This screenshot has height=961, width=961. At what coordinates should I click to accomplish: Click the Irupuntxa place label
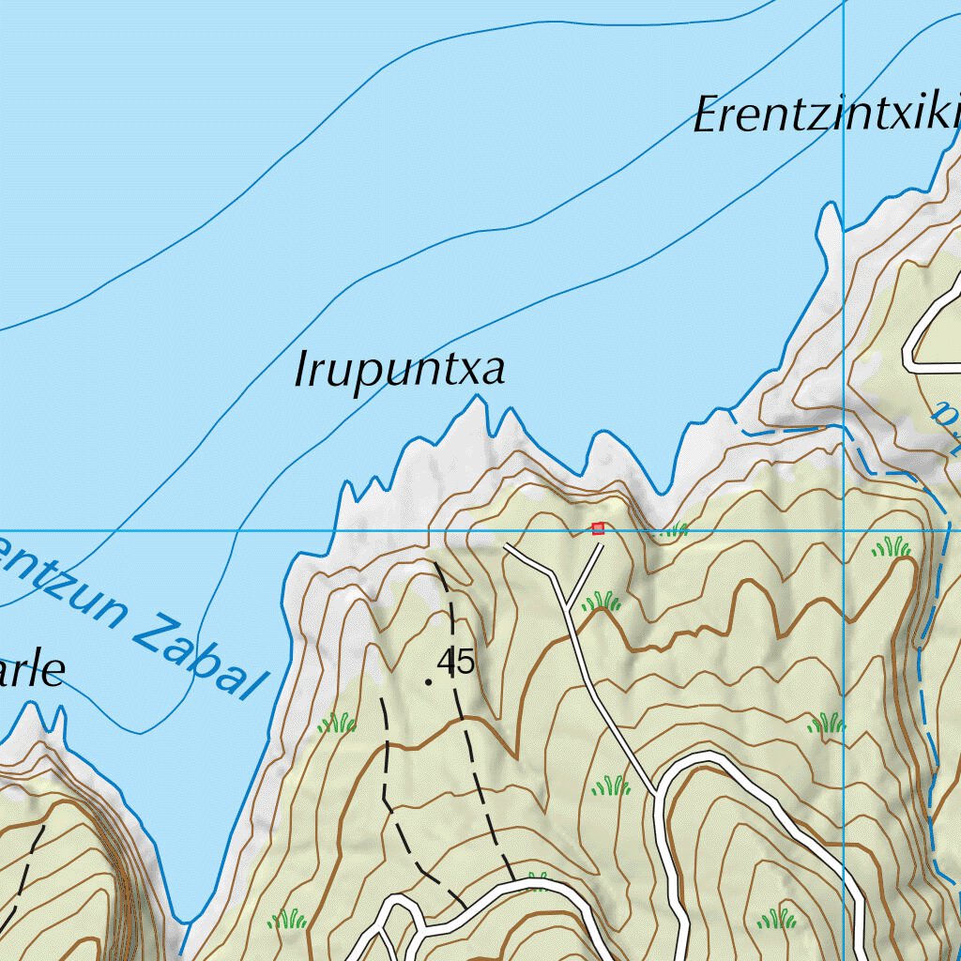click(400, 371)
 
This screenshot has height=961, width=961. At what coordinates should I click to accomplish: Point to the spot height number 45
click(456, 663)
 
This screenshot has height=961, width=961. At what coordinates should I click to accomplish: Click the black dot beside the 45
click(429, 682)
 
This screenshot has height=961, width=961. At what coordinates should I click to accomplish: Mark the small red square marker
click(598, 529)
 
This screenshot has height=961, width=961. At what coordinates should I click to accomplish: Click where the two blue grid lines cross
click(845, 530)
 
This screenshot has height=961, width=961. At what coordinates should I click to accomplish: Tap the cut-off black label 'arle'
click(32, 672)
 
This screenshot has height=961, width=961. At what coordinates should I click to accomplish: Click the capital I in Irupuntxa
click(302, 371)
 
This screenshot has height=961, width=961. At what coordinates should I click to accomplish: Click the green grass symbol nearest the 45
click(337, 723)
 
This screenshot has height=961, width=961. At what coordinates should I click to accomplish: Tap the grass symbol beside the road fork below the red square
click(602, 601)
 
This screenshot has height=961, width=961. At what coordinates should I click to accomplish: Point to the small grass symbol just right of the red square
click(674, 530)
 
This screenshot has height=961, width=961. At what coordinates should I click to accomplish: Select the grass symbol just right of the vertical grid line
click(891, 547)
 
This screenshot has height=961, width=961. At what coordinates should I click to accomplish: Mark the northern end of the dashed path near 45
click(435, 563)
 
